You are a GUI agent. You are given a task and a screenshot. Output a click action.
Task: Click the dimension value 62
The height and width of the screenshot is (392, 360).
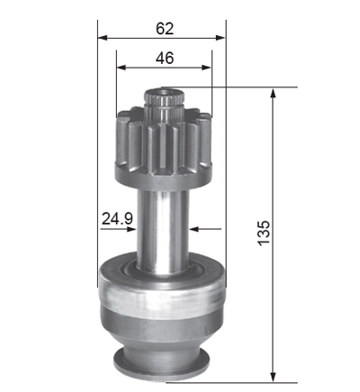pyautogui.click(x=165, y=29)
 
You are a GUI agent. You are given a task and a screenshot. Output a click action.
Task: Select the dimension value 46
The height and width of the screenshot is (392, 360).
pyautogui.click(x=165, y=58)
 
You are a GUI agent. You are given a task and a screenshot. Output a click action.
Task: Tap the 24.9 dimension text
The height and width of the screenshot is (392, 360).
pyautogui.click(x=117, y=218)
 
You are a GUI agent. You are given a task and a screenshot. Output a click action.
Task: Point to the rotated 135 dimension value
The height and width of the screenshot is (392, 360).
pyautogui.click(x=264, y=233)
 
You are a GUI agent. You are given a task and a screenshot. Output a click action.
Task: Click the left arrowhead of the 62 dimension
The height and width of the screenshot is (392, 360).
pyautogui.click(x=103, y=38)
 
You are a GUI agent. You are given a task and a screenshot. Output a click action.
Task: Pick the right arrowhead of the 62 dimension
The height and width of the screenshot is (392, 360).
pyautogui.click(x=220, y=38)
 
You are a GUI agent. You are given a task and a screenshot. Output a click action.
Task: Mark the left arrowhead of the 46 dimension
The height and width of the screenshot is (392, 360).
pyautogui.click(x=121, y=68)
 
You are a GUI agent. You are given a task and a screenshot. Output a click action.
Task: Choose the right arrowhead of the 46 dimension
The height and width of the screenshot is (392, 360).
pyautogui.click(x=207, y=68)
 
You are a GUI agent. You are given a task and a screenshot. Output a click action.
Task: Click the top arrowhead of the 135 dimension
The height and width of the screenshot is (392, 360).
pyautogui.click(x=273, y=94)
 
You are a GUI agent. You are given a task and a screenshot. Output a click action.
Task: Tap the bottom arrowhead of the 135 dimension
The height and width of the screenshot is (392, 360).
pyautogui.click(x=273, y=377)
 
